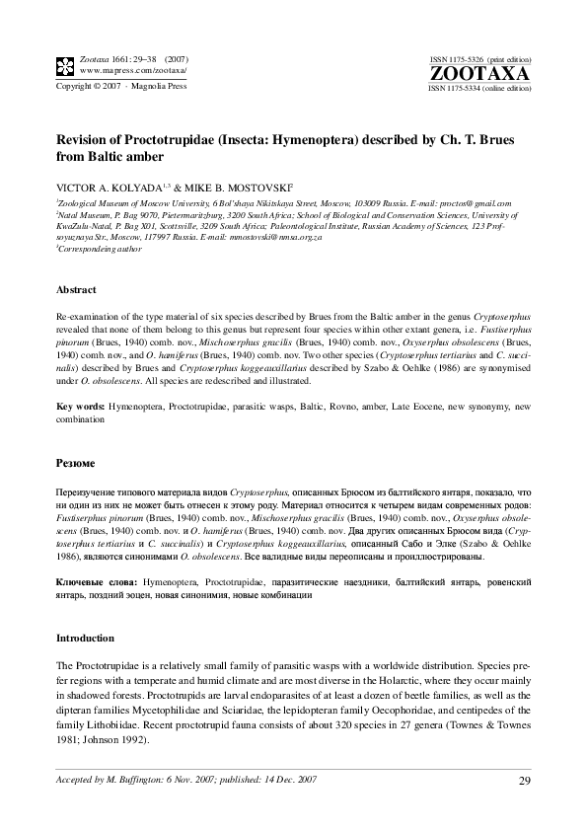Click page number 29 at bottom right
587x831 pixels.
pyautogui.click(x=524, y=783)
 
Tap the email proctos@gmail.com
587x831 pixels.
pyautogui.click(x=491, y=201)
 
